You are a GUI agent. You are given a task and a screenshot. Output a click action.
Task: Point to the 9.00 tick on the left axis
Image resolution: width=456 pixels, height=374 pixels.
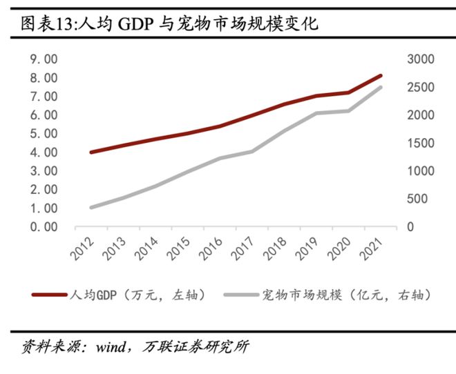coord(43,59)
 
